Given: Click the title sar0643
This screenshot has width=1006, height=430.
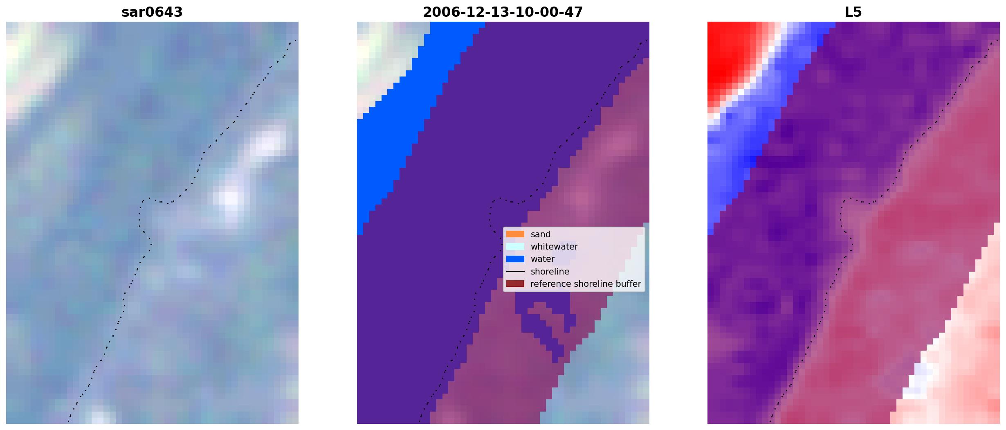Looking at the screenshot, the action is point(152,12).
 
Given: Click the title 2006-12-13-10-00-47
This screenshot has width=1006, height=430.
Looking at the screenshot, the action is point(503,12).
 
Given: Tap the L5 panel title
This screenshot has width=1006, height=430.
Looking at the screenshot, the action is point(853,12).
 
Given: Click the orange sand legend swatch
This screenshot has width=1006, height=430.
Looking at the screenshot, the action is point(515,234).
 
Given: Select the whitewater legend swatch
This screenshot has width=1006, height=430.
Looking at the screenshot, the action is point(515,246).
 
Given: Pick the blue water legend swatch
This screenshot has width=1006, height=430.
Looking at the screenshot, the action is point(515,259).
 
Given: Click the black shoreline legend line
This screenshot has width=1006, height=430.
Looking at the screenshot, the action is point(515,272).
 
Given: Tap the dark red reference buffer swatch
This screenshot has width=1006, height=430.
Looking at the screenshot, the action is point(515,284).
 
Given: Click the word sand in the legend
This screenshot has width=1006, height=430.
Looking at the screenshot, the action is point(541,234).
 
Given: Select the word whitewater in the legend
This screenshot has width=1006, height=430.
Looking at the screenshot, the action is point(554,247).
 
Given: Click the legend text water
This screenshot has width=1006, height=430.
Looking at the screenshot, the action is point(543,259).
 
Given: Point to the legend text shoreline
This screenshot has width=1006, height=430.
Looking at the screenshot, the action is point(550,272).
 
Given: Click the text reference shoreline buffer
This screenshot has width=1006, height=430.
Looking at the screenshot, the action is point(586,284).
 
